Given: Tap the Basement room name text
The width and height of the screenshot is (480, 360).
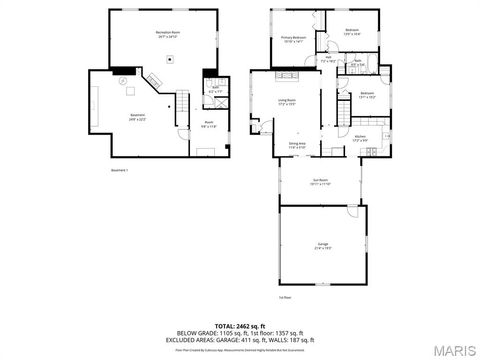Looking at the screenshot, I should (139, 116).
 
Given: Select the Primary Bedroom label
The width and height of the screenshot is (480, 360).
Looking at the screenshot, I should (293, 39).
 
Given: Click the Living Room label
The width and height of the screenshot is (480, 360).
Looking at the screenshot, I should (285, 101).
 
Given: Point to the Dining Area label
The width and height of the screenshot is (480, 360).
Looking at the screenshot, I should (297, 145).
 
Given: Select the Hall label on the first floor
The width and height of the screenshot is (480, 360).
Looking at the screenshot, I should (328, 59).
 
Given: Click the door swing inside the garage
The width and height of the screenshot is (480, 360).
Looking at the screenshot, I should (351, 212).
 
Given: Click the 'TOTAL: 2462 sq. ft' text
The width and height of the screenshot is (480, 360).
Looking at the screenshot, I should (239, 325).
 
